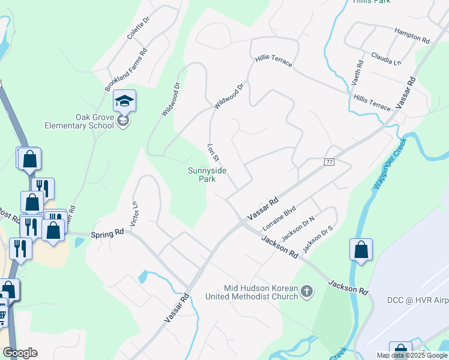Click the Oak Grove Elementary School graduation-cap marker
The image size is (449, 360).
[x=124, y=101]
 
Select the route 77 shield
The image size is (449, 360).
[x=328, y=162]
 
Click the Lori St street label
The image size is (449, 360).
[x=211, y=152]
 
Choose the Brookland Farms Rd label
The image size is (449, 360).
[x=126, y=70]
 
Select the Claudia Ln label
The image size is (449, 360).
[x=386, y=58]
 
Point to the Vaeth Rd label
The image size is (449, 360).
[x=360, y=71]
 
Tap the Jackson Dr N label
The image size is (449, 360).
[x=298, y=228]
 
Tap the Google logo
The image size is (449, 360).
[x=20, y=353]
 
